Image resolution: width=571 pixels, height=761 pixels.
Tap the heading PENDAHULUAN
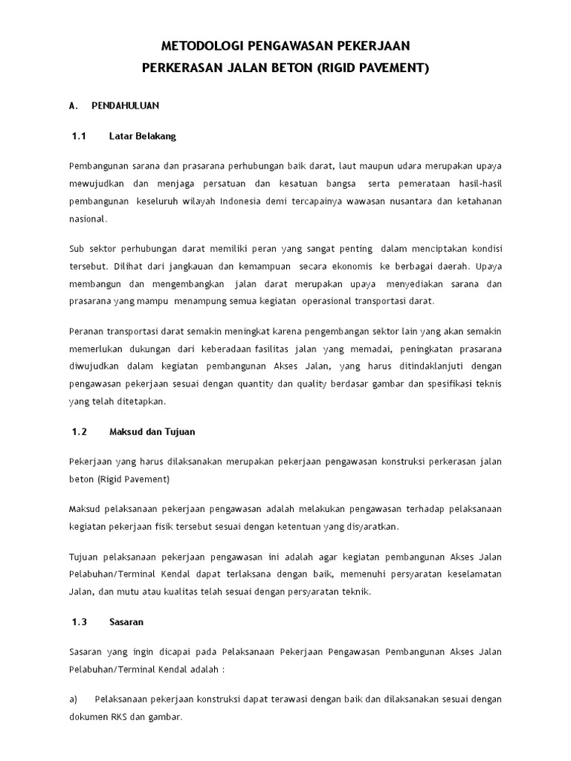click(125, 106)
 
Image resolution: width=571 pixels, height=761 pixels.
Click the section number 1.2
click(80, 432)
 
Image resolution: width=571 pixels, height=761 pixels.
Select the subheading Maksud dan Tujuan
click(152, 432)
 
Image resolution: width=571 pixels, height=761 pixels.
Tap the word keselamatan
click(471, 574)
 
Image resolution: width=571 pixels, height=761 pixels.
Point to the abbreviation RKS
click(121, 718)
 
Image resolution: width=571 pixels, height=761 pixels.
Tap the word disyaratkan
click(370, 526)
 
